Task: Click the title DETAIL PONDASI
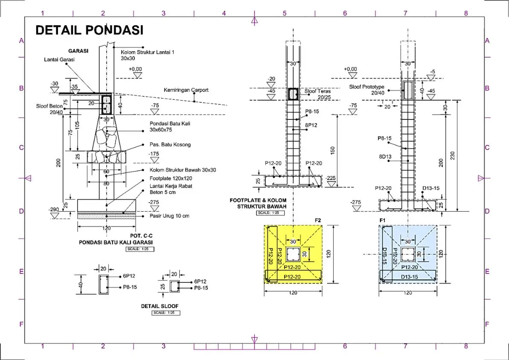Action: tap(89, 30)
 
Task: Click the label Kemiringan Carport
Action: tap(186, 90)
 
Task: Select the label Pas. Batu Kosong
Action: tap(170, 145)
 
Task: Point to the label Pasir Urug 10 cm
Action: tap(169, 216)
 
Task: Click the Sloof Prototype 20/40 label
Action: tap(366, 90)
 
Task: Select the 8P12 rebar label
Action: tap(312, 125)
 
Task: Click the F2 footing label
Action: tap(317, 220)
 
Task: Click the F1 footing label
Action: tap(383, 220)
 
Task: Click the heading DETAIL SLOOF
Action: tap(160, 306)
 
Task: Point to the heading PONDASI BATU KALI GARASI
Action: tap(116, 242)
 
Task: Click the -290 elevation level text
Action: tap(54, 209)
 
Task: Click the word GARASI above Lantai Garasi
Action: tap(78, 50)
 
